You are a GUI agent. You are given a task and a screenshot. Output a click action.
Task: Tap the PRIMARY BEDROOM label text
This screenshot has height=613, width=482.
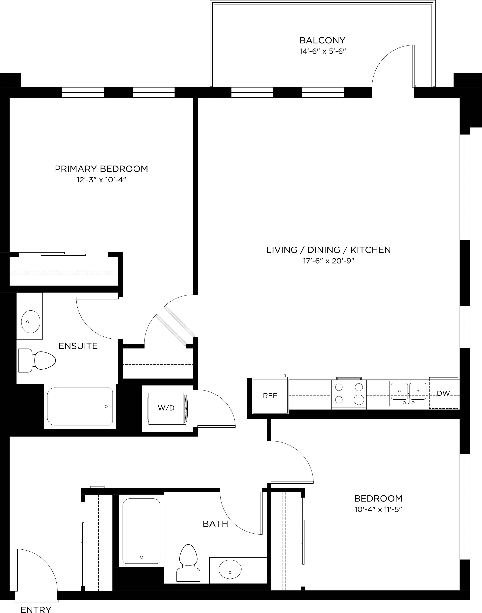coord(101,169)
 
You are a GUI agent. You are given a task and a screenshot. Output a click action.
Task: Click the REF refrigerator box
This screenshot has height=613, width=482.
coord(270,395)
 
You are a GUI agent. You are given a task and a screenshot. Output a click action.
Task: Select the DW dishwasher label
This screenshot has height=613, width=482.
coord(443,393)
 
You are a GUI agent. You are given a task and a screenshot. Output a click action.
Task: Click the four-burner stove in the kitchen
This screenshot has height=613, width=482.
coord(349,393)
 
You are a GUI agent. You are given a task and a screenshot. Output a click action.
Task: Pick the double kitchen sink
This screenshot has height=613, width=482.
coord(408,393)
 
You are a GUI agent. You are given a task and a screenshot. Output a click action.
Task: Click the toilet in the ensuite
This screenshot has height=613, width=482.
coord(37,360)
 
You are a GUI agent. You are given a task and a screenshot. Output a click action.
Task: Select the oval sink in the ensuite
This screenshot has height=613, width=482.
coord(31,322)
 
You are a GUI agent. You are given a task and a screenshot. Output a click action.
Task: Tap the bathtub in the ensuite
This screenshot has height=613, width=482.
coord(80,407)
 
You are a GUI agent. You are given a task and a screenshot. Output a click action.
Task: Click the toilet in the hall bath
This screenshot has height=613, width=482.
coord(188,563)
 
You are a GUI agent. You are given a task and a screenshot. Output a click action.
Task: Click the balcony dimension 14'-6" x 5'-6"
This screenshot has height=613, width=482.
coord(323,51)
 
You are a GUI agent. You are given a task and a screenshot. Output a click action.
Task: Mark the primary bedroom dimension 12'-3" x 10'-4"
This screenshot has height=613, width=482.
coord(101,180)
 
